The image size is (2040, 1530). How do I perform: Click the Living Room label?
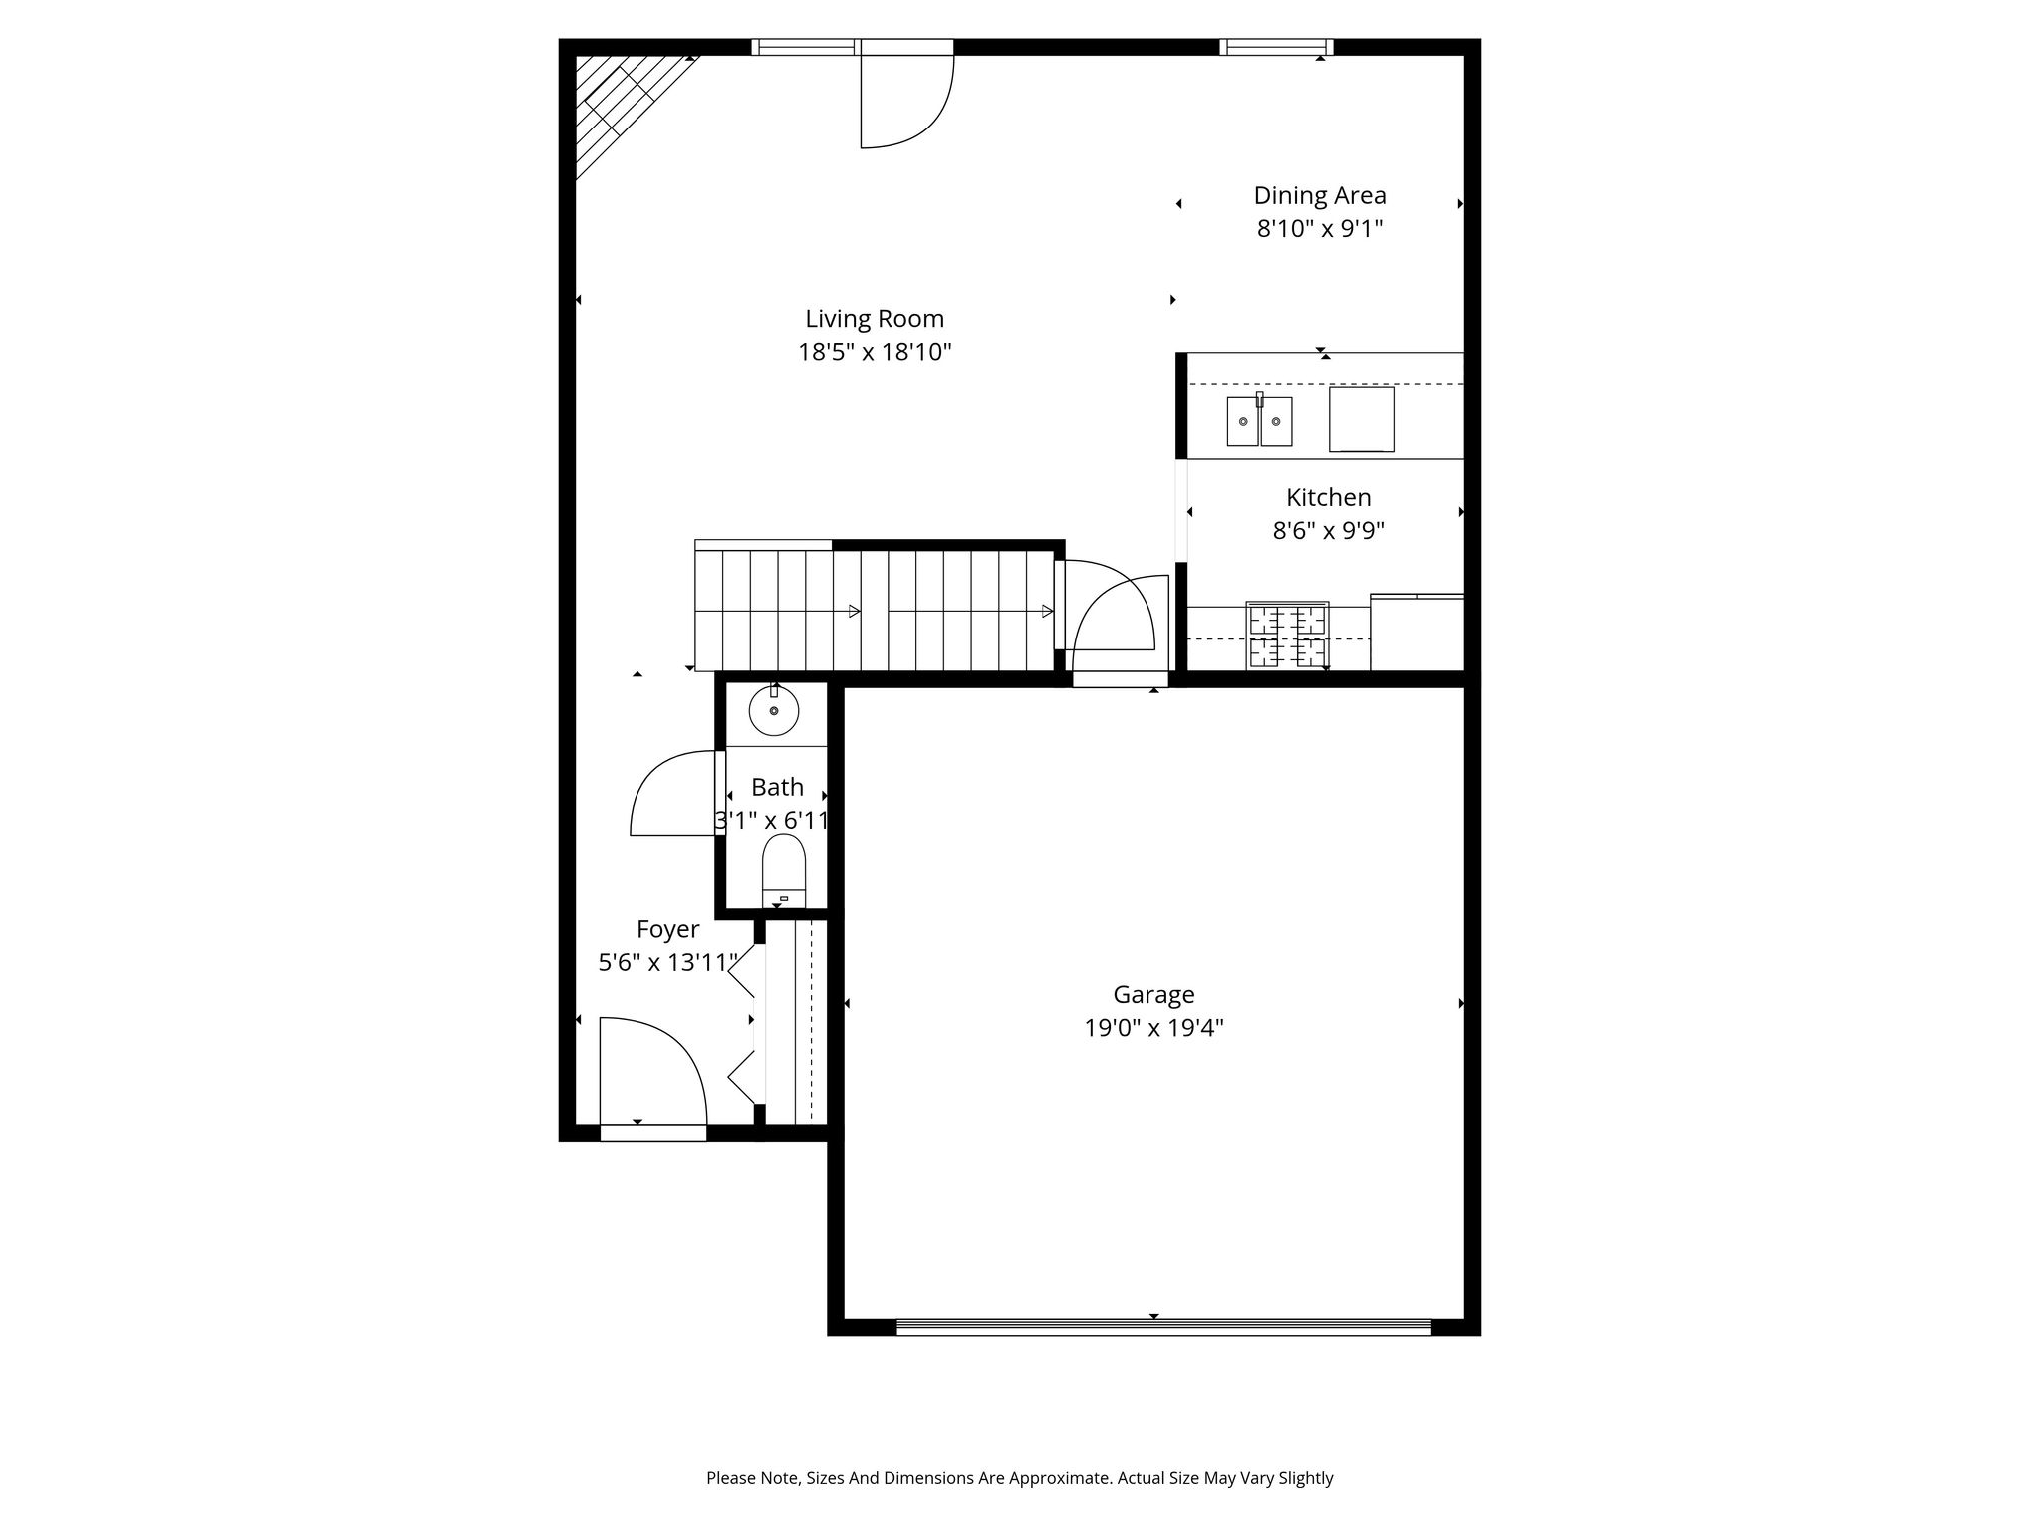point(875,319)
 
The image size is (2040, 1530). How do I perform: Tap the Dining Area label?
point(1320,195)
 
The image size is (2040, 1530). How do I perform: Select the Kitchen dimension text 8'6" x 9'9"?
point(1329,530)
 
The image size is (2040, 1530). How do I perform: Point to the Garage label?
point(1153,994)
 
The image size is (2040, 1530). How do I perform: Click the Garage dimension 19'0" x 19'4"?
point(1153,1027)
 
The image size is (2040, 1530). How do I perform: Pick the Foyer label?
point(667,929)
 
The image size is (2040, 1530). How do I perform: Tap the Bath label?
point(777,787)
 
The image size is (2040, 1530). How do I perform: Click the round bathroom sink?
point(774,710)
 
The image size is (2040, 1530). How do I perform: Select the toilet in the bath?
point(784,871)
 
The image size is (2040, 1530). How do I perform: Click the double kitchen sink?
point(1259,420)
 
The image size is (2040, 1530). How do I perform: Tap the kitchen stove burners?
point(1287,636)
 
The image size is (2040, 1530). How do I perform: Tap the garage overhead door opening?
point(1163,1326)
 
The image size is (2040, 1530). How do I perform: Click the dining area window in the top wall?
point(1276,47)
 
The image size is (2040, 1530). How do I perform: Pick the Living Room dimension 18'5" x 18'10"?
point(875,352)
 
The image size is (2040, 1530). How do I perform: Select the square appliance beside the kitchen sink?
point(1361,419)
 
